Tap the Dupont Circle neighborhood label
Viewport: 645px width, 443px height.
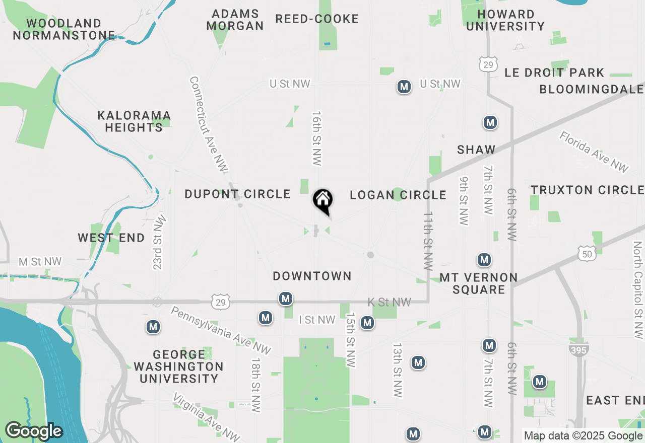[x=237, y=194]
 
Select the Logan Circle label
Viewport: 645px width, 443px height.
[x=398, y=195]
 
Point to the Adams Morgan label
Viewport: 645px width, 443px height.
[x=235, y=20]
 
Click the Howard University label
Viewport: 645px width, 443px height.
[x=505, y=20]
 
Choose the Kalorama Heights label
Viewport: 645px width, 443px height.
[x=134, y=121]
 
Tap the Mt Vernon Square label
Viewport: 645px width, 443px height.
[x=479, y=283]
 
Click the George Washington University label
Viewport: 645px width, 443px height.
[x=178, y=366]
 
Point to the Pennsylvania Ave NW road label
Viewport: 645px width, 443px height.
[x=221, y=331]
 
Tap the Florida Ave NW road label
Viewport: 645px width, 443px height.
[x=594, y=152]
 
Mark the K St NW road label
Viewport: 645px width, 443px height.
[x=389, y=302]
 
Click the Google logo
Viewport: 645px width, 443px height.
[x=34, y=431]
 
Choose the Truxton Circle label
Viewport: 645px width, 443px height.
[x=587, y=190]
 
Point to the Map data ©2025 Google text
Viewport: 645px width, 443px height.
[x=583, y=436]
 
